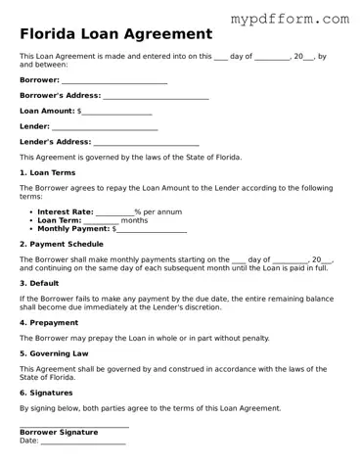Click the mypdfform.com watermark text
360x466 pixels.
[289, 18]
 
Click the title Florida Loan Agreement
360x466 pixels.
[115, 34]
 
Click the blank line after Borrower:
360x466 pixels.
[114, 80]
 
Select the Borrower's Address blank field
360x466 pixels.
[156, 96]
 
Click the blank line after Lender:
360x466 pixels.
[105, 127]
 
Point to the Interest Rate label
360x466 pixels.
[66, 211]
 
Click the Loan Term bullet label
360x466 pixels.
[60, 220]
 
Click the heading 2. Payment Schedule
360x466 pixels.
[61, 244]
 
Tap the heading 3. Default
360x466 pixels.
[39, 283]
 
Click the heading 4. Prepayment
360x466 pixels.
[49, 322]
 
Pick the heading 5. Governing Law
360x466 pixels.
[54, 353]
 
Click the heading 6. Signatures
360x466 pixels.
[46, 393]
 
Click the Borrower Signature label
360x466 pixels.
[59, 432]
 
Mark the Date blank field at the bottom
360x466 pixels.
[83, 442]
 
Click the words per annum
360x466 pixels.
[162, 211]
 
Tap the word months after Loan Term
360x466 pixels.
[134, 220]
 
